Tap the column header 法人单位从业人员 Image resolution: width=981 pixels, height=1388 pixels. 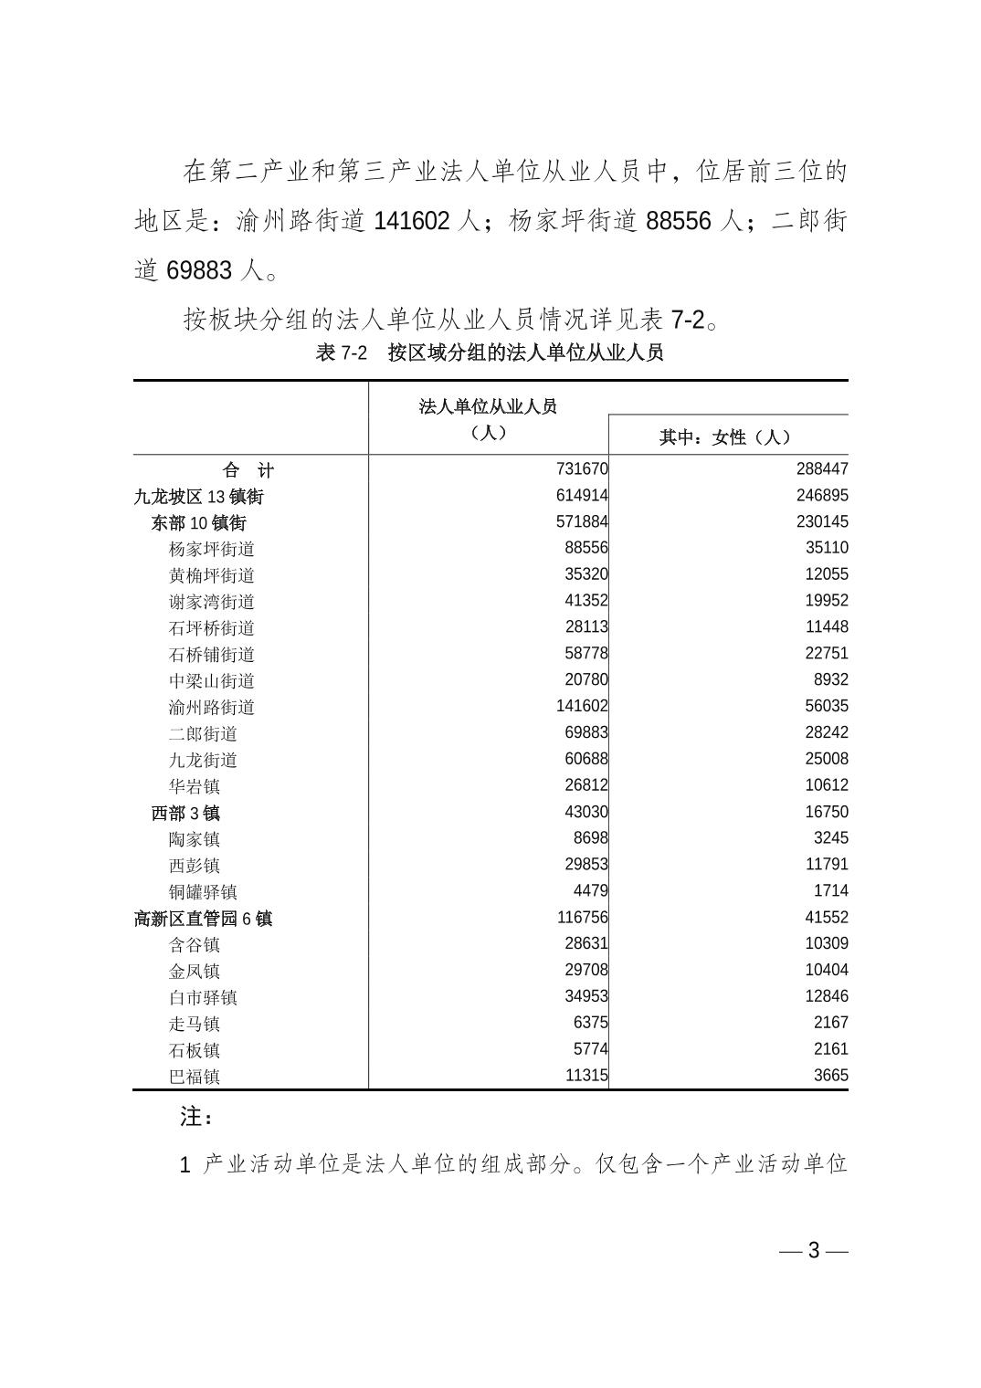(x=488, y=406)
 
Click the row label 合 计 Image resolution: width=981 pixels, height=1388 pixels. (x=248, y=471)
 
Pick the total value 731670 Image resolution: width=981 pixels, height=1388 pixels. (x=582, y=469)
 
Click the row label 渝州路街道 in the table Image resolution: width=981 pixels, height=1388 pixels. (x=212, y=708)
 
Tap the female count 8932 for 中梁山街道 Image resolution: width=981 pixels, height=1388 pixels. (x=830, y=679)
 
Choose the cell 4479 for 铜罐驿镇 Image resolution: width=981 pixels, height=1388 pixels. (x=590, y=890)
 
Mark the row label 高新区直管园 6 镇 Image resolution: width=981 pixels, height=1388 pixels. (x=203, y=919)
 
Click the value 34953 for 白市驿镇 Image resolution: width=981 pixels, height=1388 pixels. (x=585, y=996)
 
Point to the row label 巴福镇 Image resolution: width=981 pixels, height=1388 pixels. (x=194, y=1077)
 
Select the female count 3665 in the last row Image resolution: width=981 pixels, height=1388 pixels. (x=830, y=1075)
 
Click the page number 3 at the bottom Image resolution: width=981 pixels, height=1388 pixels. (x=814, y=1251)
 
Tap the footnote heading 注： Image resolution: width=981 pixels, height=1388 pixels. (x=196, y=1116)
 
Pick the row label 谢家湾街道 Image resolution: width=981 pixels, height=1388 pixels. (x=212, y=602)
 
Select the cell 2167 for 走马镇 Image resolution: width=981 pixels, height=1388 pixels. (x=830, y=1023)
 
